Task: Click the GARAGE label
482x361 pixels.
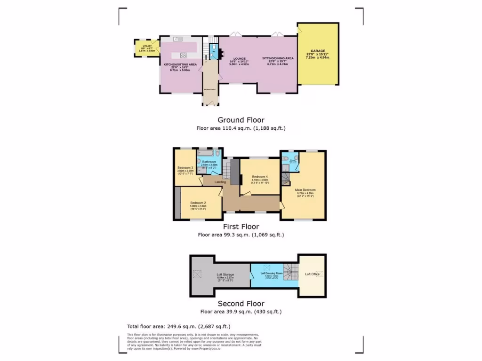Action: pos(318,50)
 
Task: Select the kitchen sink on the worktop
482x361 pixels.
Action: pos(177,39)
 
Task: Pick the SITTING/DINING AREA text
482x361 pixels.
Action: pos(278,58)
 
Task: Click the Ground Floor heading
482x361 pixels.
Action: pos(241,120)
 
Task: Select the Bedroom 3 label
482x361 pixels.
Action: pos(185,168)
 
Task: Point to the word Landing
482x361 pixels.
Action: pos(220,182)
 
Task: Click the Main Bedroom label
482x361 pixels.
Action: pos(305,190)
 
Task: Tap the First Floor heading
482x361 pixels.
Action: pos(241,227)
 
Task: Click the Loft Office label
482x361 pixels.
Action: pos(312,274)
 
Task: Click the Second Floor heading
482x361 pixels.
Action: pos(241,304)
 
